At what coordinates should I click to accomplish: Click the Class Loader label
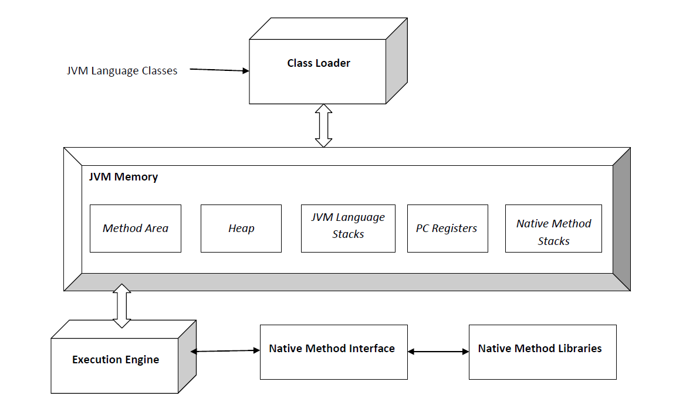click(318, 63)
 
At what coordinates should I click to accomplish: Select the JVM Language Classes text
click(122, 71)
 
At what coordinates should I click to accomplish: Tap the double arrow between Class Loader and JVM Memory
click(323, 125)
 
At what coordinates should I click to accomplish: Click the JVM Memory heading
click(123, 176)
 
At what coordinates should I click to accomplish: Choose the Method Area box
click(136, 229)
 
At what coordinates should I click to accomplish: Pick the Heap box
click(241, 229)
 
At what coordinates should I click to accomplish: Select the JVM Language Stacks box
click(348, 226)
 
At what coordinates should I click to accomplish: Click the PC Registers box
click(447, 229)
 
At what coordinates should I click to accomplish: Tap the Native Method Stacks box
click(553, 232)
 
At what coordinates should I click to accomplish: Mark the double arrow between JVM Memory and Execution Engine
click(122, 306)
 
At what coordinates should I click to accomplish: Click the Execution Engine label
click(116, 360)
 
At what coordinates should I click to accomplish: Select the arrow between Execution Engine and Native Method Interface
click(225, 351)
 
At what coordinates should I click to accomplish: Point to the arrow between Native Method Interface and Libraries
click(438, 352)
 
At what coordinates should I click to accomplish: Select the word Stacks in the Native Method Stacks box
click(553, 241)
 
